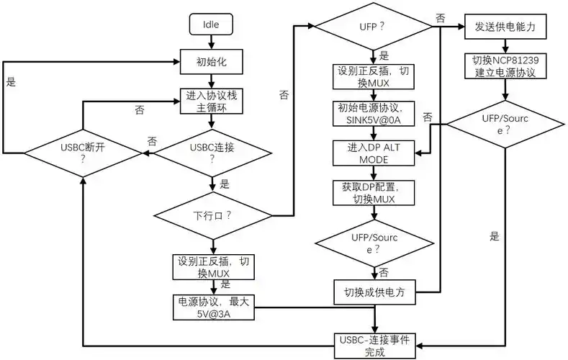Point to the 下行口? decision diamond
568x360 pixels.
click(x=210, y=215)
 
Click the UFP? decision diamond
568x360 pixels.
click(x=372, y=27)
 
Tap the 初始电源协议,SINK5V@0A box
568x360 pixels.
click(x=373, y=113)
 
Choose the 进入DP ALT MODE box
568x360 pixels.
click(x=373, y=153)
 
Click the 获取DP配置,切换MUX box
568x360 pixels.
click(x=373, y=192)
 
